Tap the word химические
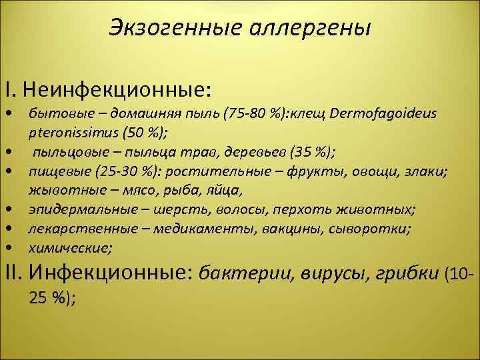coord(69,249)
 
